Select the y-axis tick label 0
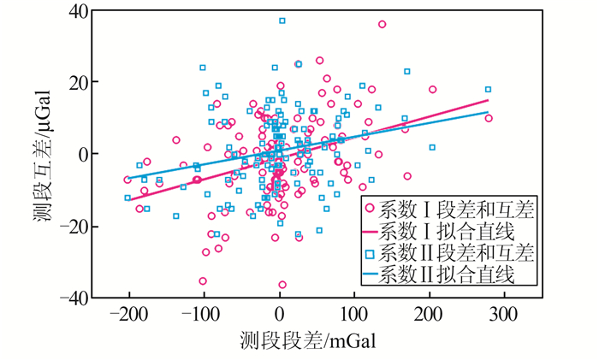pyautogui.click(x=85, y=155)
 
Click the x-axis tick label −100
pyautogui.click(x=204, y=313)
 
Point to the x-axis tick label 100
pyautogui.click(x=354, y=313)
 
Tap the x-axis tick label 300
pyautogui.click(x=504, y=313)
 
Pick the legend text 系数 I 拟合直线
pyautogui.click(x=444, y=231)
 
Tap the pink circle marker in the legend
pyautogui.click(x=369, y=210)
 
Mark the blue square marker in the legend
pyautogui.click(x=369, y=253)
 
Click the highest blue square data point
pyautogui.click(x=282, y=21)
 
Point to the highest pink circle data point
pyautogui.click(x=382, y=25)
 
